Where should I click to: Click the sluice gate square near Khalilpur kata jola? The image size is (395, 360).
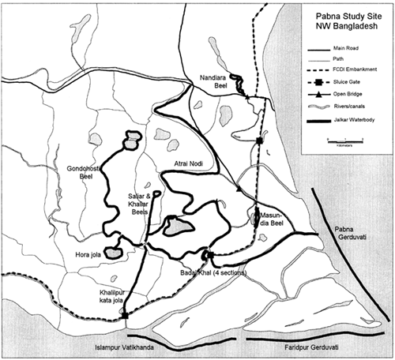tap(125, 316)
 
